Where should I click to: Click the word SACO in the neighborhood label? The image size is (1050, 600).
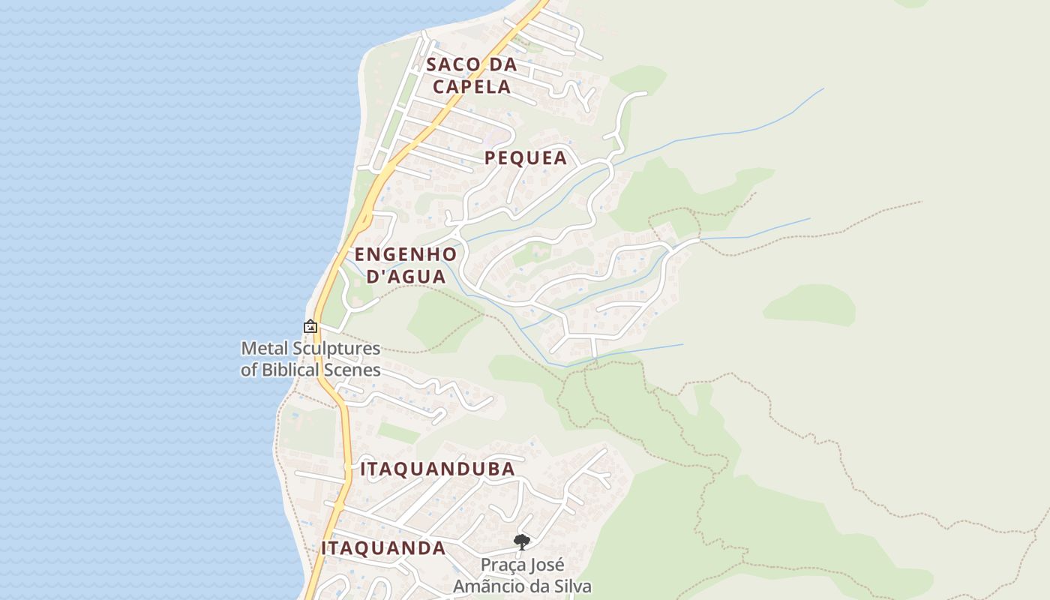click(450, 64)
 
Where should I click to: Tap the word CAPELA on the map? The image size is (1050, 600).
click(472, 86)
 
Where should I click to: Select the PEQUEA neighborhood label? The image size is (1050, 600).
click(526, 158)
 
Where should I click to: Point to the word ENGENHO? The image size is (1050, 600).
click(406, 253)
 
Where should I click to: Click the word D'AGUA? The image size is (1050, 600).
click(406, 276)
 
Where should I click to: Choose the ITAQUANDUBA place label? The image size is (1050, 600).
click(438, 469)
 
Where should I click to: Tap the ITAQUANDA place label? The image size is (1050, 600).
click(383, 548)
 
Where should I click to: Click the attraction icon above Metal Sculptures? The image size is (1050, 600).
click(310, 327)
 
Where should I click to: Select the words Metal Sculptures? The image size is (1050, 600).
click(310, 349)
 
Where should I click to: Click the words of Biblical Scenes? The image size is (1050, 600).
click(310, 370)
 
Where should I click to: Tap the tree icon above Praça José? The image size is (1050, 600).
click(522, 541)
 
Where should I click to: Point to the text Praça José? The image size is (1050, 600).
click(522, 565)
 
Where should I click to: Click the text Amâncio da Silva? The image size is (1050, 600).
click(522, 586)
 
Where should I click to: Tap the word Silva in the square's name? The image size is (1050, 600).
click(572, 586)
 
